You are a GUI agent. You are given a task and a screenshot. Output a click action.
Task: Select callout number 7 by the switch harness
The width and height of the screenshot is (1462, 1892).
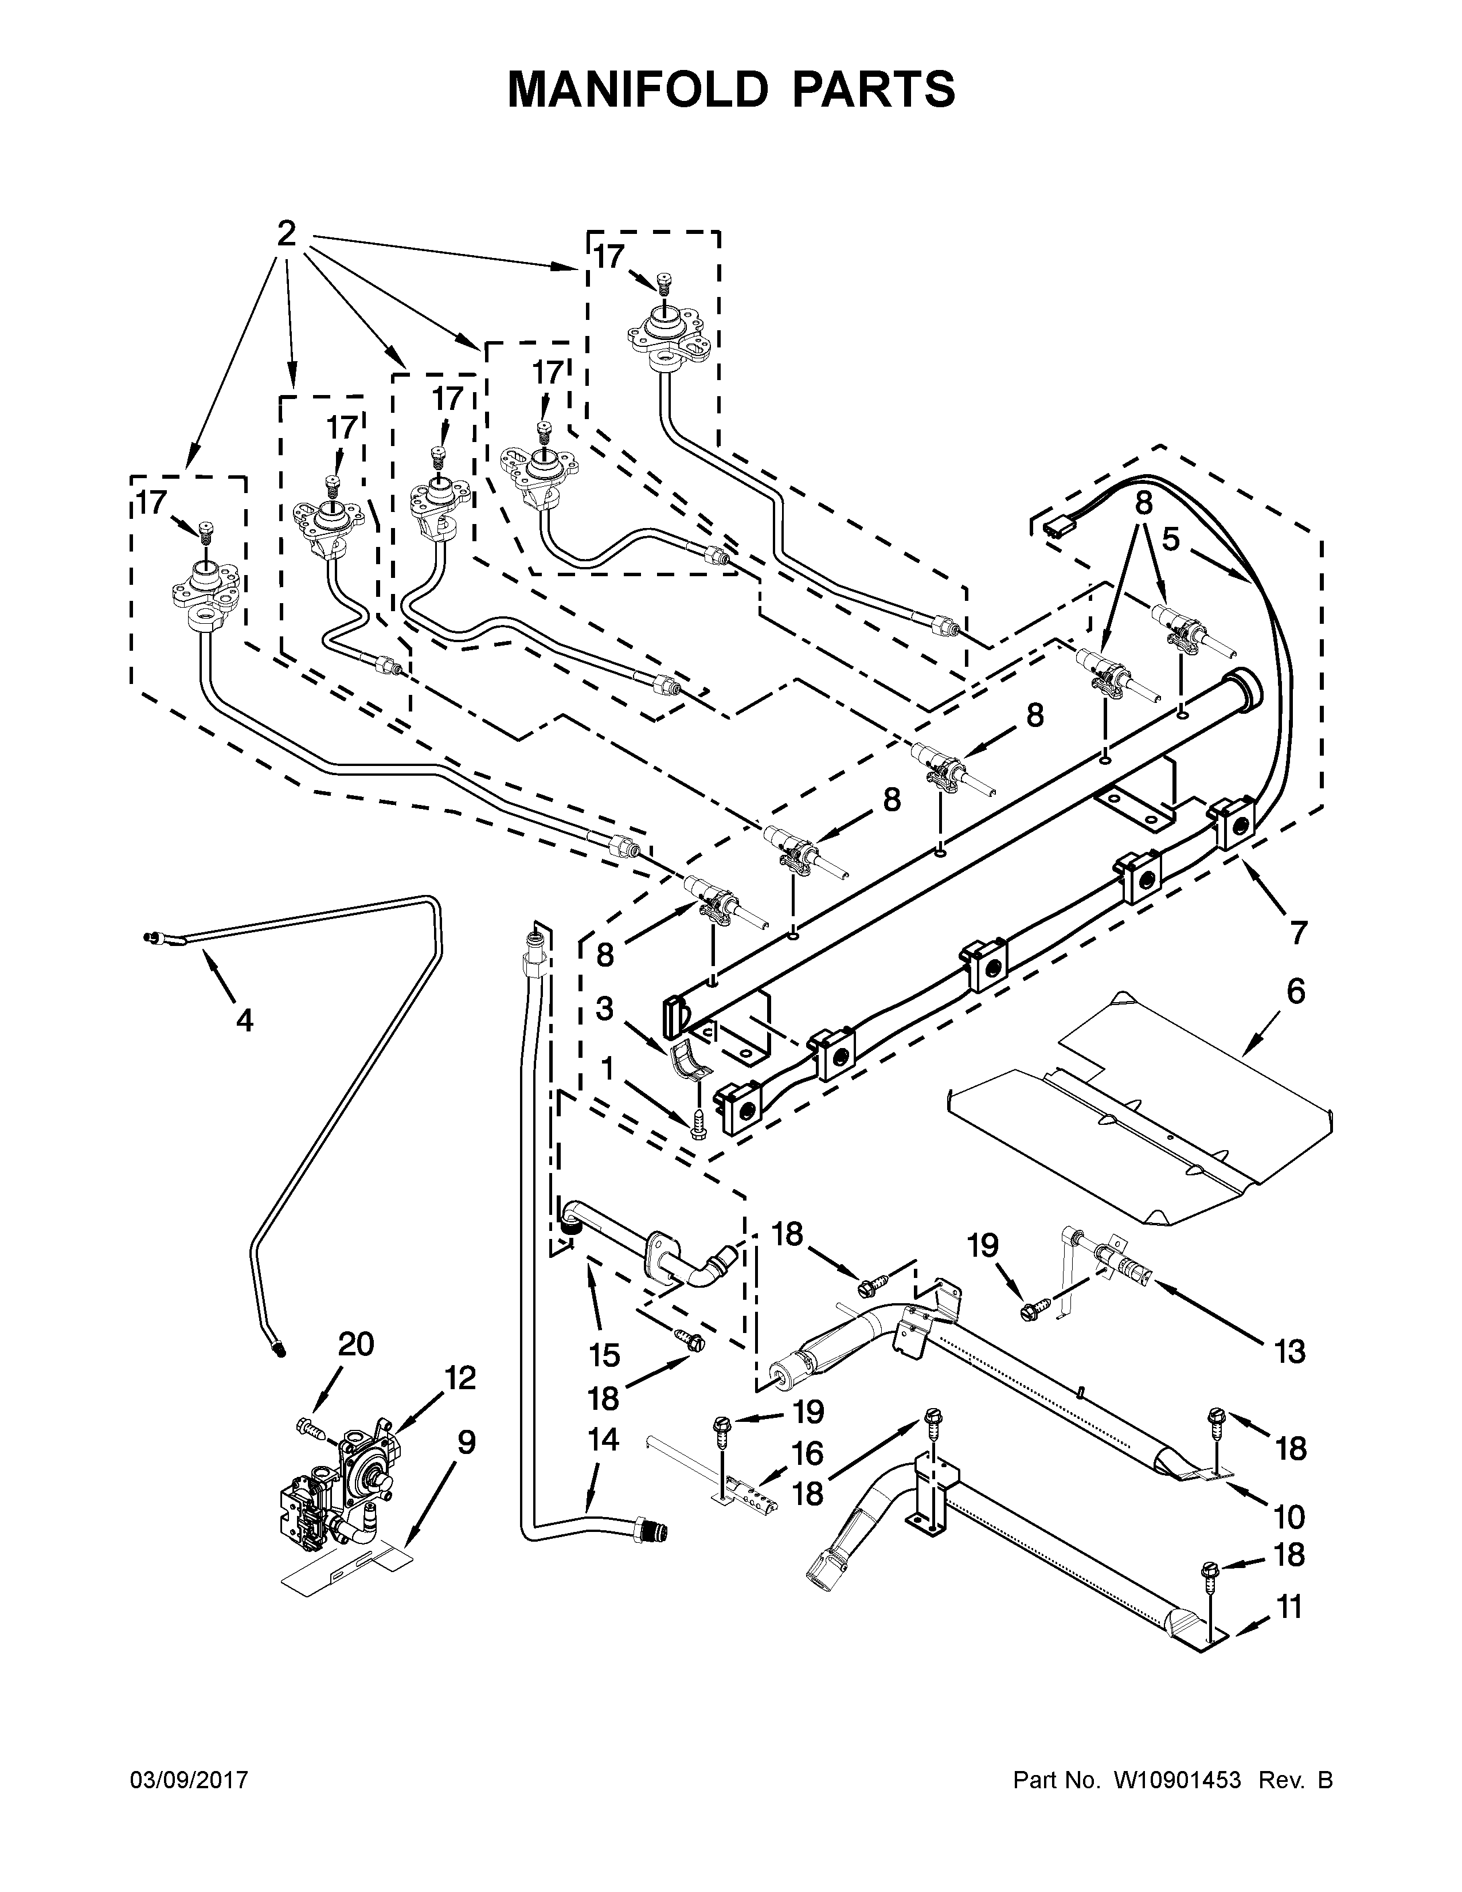pos(1297,933)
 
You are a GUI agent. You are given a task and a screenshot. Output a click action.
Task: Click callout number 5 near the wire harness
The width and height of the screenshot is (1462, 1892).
pos(1170,539)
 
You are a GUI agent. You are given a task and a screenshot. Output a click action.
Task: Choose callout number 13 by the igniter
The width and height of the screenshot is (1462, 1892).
pos(1289,1351)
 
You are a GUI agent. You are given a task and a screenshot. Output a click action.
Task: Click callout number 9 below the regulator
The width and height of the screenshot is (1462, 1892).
pos(466,1443)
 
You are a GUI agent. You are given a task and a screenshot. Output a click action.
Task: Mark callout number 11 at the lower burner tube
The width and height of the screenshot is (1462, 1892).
pos(1289,1608)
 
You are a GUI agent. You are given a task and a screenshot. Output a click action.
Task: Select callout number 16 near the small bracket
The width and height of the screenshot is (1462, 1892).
pos(807,1453)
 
